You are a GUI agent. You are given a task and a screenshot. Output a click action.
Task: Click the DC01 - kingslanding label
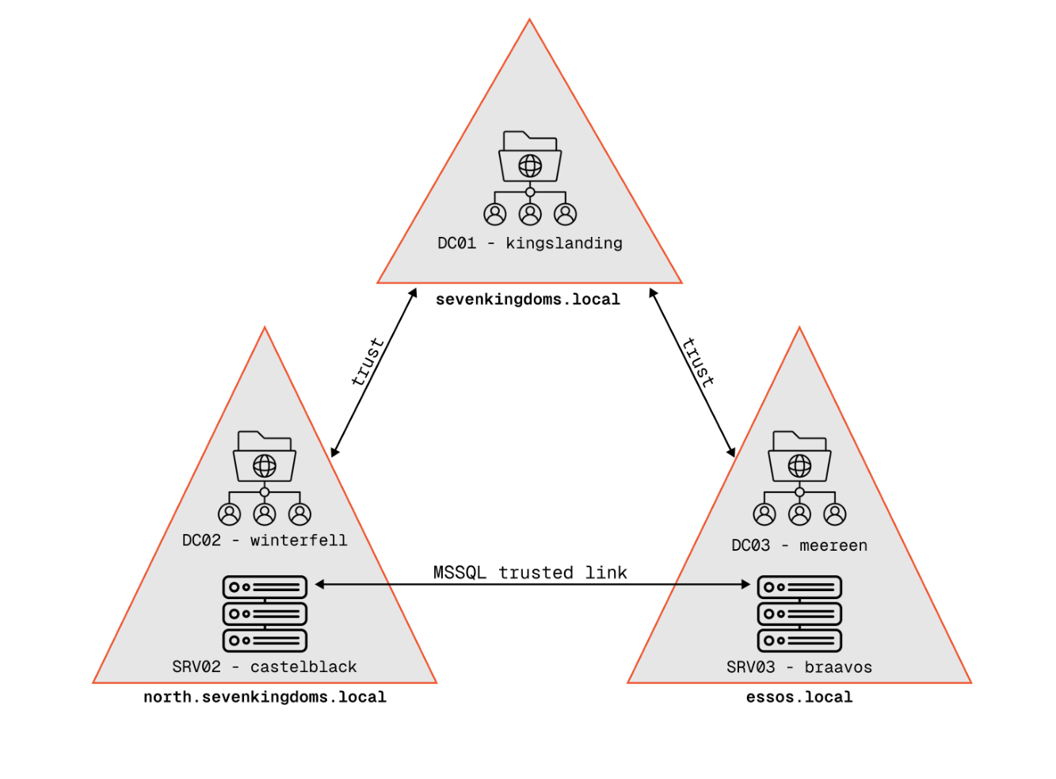(x=530, y=243)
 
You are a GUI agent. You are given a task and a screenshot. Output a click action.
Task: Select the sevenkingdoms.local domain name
(x=528, y=300)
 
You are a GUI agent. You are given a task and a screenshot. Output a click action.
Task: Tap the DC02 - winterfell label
(x=265, y=540)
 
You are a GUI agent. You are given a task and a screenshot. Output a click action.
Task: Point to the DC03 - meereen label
(x=799, y=545)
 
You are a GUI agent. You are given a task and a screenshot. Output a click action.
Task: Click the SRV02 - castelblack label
(x=265, y=667)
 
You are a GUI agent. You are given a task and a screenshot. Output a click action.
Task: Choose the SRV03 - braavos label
(x=799, y=667)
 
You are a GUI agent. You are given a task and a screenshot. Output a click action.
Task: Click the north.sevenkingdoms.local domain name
(x=265, y=697)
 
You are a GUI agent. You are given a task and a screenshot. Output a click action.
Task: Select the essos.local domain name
(x=799, y=697)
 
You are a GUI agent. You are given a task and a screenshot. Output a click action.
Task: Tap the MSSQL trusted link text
(x=530, y=572)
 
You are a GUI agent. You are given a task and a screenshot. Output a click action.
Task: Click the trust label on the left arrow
(x=368, y=362)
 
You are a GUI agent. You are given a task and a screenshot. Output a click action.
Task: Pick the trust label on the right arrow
(x=698, y=362)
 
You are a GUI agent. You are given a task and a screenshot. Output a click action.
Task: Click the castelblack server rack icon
(x=265, y=614)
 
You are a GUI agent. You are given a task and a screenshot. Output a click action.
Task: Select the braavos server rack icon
(x=799, y=614)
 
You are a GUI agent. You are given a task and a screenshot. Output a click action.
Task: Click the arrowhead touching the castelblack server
(x=320, y=585)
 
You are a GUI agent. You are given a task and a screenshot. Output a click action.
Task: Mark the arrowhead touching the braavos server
(x=745, y=585)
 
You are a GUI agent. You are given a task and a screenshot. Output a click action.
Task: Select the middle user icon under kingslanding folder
(x=530, y=214)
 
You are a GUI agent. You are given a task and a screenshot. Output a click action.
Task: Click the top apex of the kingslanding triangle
(x=529, y=21)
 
